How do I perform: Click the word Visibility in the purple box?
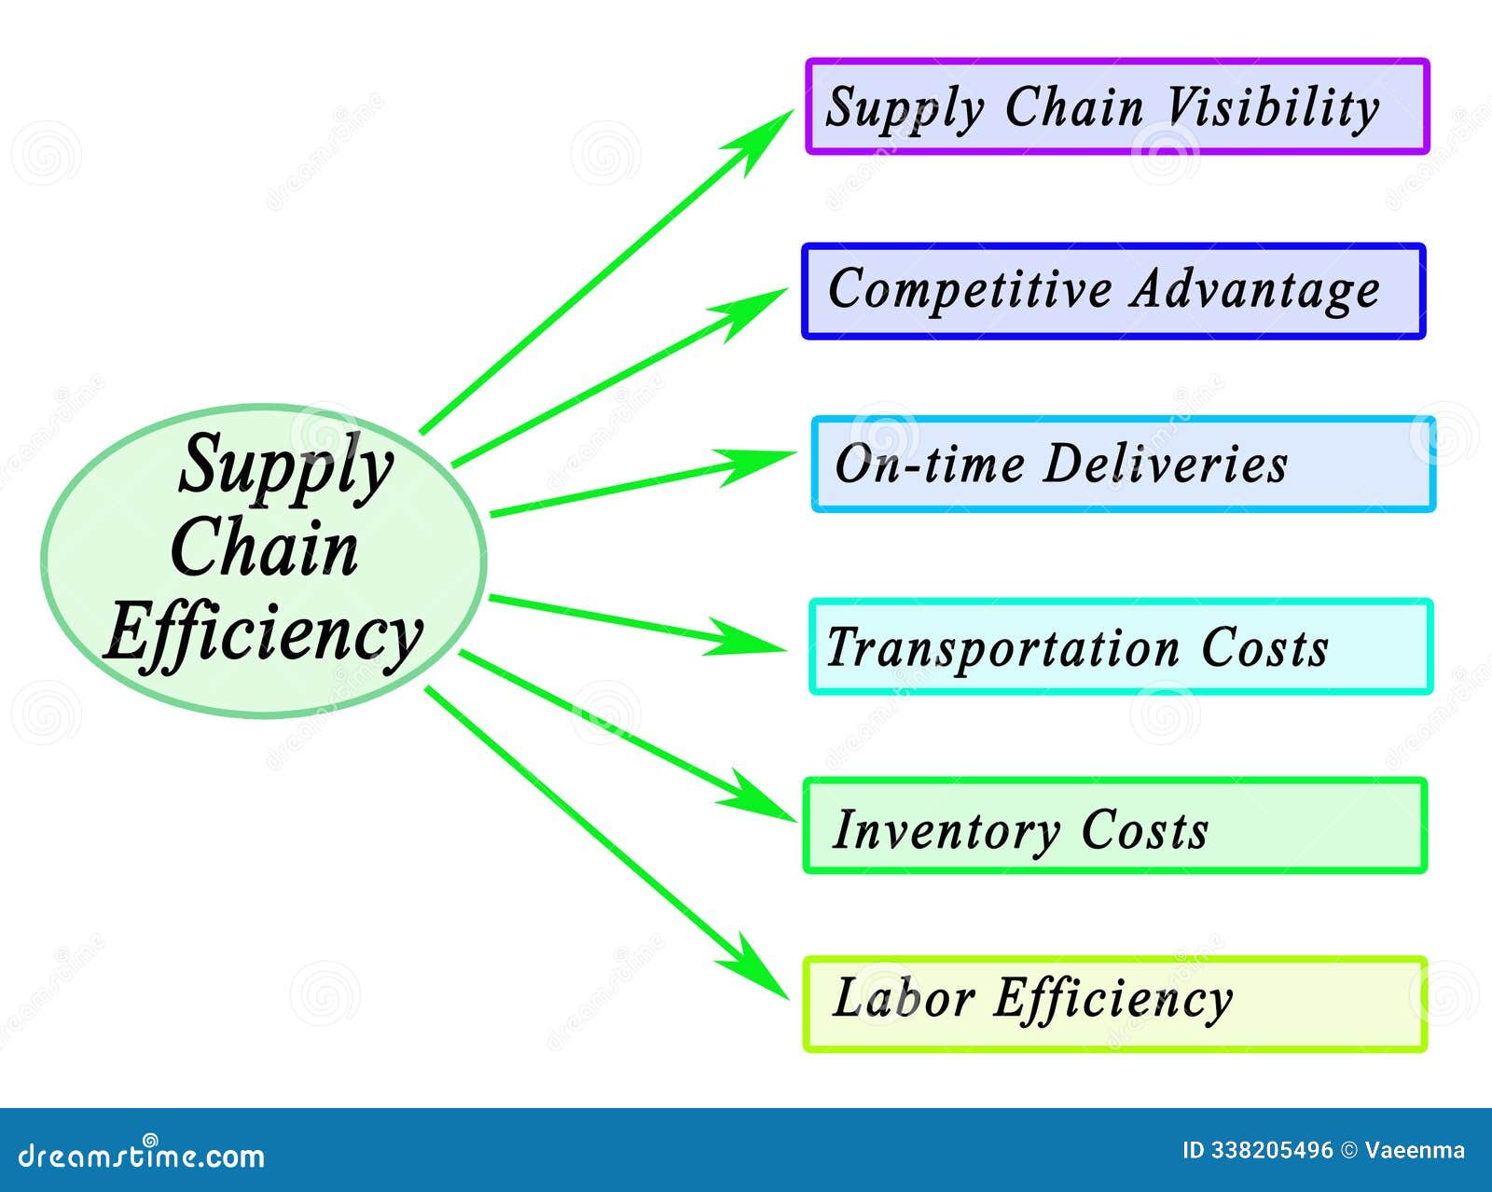coord(1273,108)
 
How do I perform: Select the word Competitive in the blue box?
coord(969,289)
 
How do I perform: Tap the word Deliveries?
coord(1165,464)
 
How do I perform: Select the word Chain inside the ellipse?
coord(265,548)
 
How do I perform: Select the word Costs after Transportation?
coord(1264,647)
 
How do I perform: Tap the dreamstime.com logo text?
coord(142,1156)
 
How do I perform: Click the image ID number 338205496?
coord(1272,1150)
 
